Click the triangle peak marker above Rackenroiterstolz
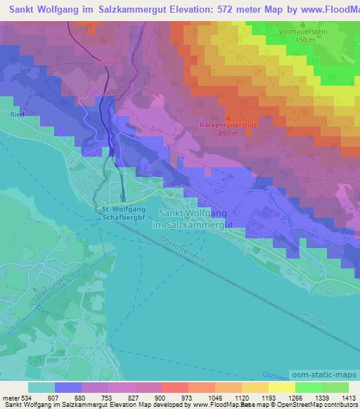[229, 117]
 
